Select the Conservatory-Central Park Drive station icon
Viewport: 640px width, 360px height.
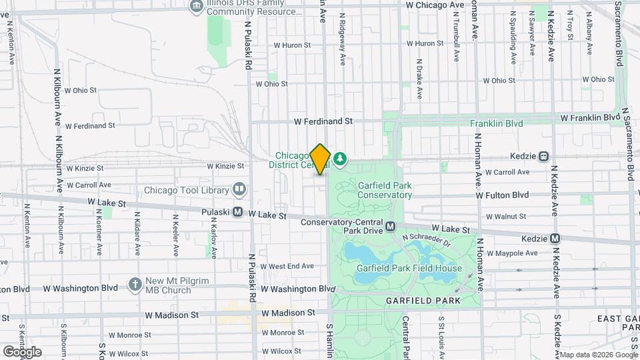click(391, 226)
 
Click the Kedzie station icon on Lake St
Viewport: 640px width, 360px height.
click(555, 238)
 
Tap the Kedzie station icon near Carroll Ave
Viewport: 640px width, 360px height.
click(544, 156)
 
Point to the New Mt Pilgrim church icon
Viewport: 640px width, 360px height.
click(135, 285)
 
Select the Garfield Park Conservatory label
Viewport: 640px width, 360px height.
click(384, 190)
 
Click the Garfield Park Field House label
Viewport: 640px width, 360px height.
click(409, 269)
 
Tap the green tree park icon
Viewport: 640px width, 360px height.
click(341, 159)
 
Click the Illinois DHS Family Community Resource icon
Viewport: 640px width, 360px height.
click(197, 7)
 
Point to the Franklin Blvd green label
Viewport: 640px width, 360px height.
click(496, 123)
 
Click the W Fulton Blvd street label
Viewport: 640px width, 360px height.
click(502, 195)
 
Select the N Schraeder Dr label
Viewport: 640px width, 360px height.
click(426, 241)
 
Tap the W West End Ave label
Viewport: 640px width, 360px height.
click(287, 266)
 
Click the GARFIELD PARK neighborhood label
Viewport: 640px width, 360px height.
click(423, 301)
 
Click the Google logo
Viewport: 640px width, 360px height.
click(22, 352)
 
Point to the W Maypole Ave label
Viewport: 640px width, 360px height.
click(512, 253)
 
